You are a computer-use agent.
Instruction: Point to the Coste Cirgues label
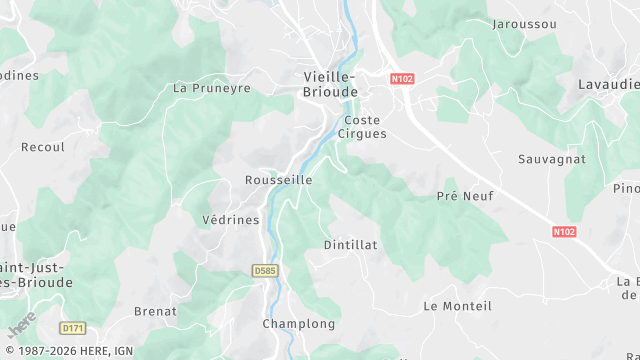pyautogui.click(x=362, y=126)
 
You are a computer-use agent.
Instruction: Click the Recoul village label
pyautogui.click(x=42, y=147)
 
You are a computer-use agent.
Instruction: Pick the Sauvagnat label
pyautogui.click(x=552, y=159)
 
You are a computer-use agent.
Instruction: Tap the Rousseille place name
pyautogui.click(x=278, y=180)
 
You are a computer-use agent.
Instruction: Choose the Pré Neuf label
pyautogui.click(x=461, y=196)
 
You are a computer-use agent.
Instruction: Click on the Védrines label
pyautogui.click(x=230, y=220)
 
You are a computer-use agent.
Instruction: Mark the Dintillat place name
pyautogui.click(x=350, y=244)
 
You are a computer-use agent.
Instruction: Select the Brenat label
pyautogui.click(x=155, y=312)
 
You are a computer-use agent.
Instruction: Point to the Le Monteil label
pyautogui.click(x=458, y=305)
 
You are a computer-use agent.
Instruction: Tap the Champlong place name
pyautogui.click(x=298, y=324)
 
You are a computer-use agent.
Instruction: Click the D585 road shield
pyautogui.click(x=264, y=270)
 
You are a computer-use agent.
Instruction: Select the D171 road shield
pyautogui.click(x=72, y=328)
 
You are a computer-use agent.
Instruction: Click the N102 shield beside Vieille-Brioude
pyautogui.click(x=402, y=77)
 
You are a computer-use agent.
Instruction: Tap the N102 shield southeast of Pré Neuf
pyautogui.click(x=565, y=231)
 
